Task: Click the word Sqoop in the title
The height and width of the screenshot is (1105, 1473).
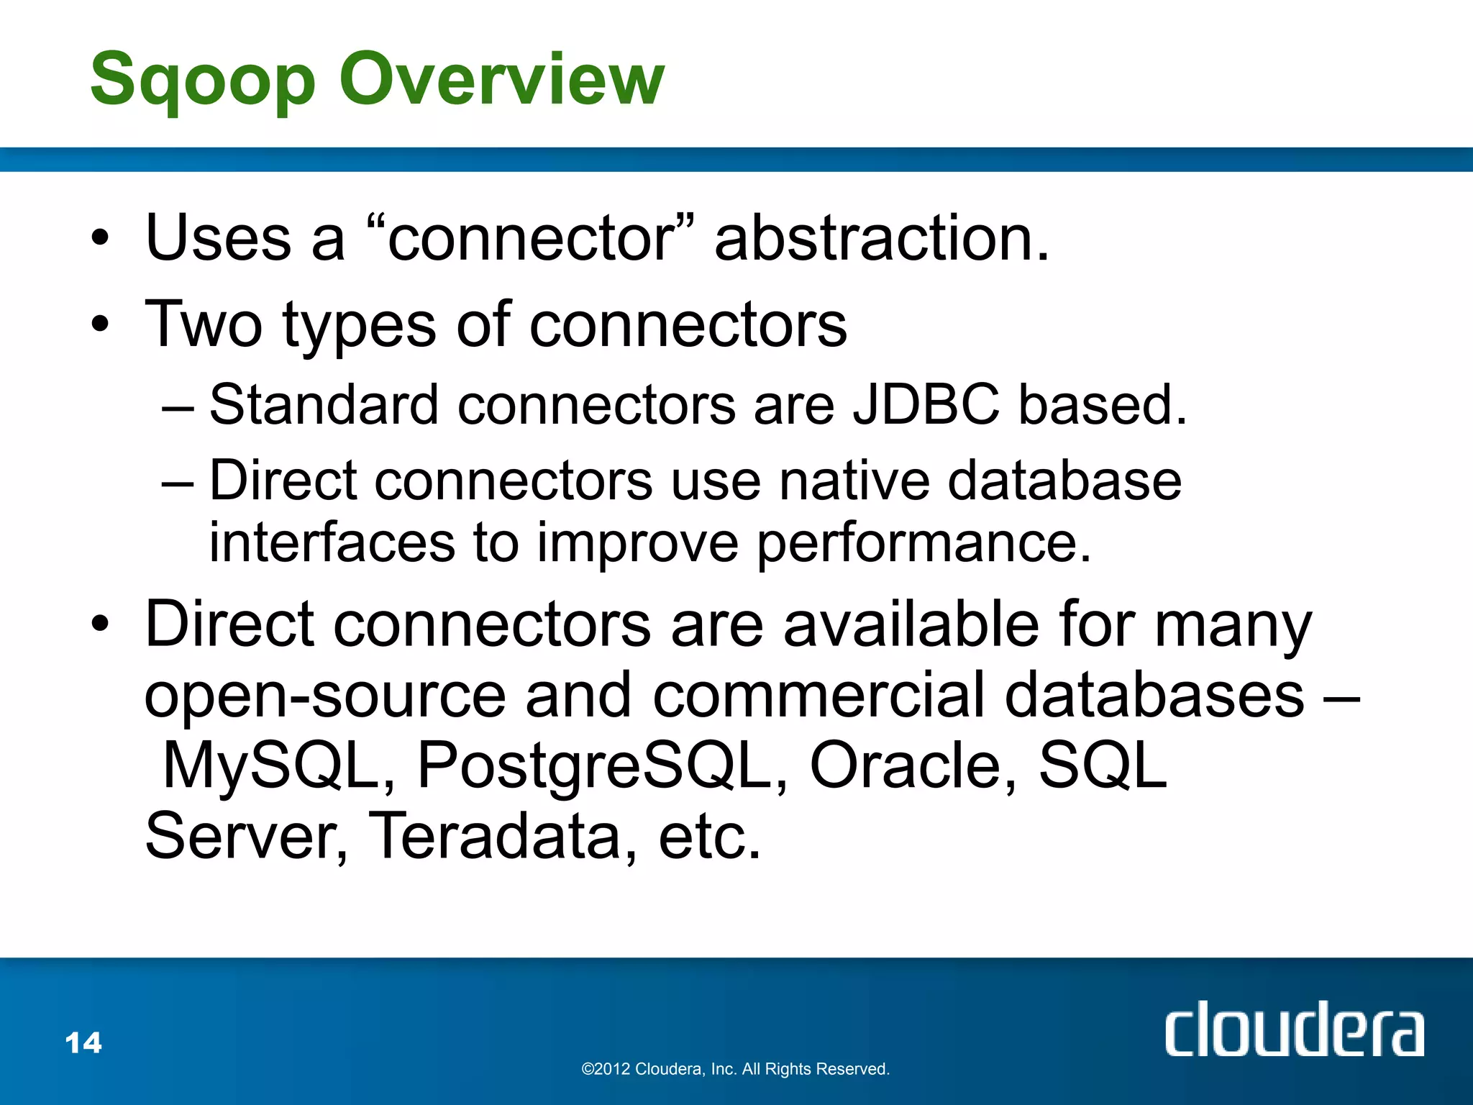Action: pyautogui.click(x=203, y=81)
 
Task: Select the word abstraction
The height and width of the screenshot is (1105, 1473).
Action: pyautogui.click(x=882, y=238)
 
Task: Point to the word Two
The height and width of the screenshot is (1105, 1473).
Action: pyautogui.click(x=204, y=325)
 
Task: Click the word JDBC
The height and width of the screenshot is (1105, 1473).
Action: pyautogui.click(x=926, y=404)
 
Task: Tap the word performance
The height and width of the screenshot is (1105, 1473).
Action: pyautogui.click(x=924, y=542)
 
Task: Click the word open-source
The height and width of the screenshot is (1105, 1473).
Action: pyautogui.click(x=325, y=696)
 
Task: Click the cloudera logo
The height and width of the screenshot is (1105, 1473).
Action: pyautogui.click(x=1293, y=1030)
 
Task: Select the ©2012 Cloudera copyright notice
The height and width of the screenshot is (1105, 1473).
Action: pyautogui.click(x=735, y=1069)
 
